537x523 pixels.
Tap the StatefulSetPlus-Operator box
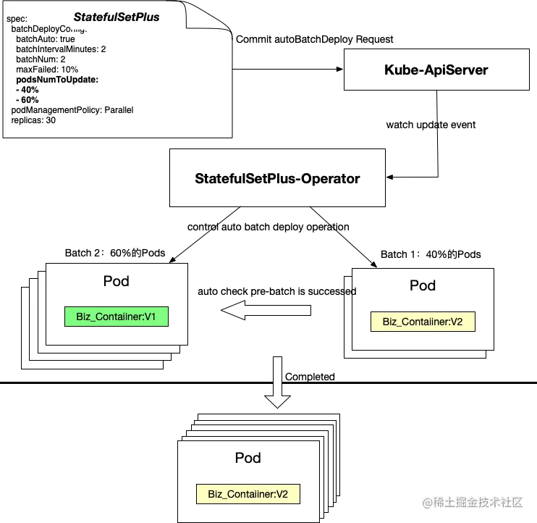tap(277, 177)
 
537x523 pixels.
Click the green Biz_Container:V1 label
tap(117, 316)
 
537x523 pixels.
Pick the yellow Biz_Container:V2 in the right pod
tap(422, 322)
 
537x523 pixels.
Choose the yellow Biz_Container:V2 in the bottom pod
tap(248, 495)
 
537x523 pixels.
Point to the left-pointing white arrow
tap(266, 311)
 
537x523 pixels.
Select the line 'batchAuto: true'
tap(45, 39)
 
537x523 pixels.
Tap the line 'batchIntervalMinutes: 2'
tap(61, 49)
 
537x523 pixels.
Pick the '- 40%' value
tap(28, 90)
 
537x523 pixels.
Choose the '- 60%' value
tap(28, 100)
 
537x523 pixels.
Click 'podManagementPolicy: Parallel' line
tap(72, 110)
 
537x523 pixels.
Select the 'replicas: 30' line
tap(33, 120)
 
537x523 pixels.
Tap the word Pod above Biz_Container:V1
tap(116, 280)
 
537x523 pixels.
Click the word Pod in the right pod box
tap(423, 285)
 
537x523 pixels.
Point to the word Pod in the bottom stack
tap(248, 458)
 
